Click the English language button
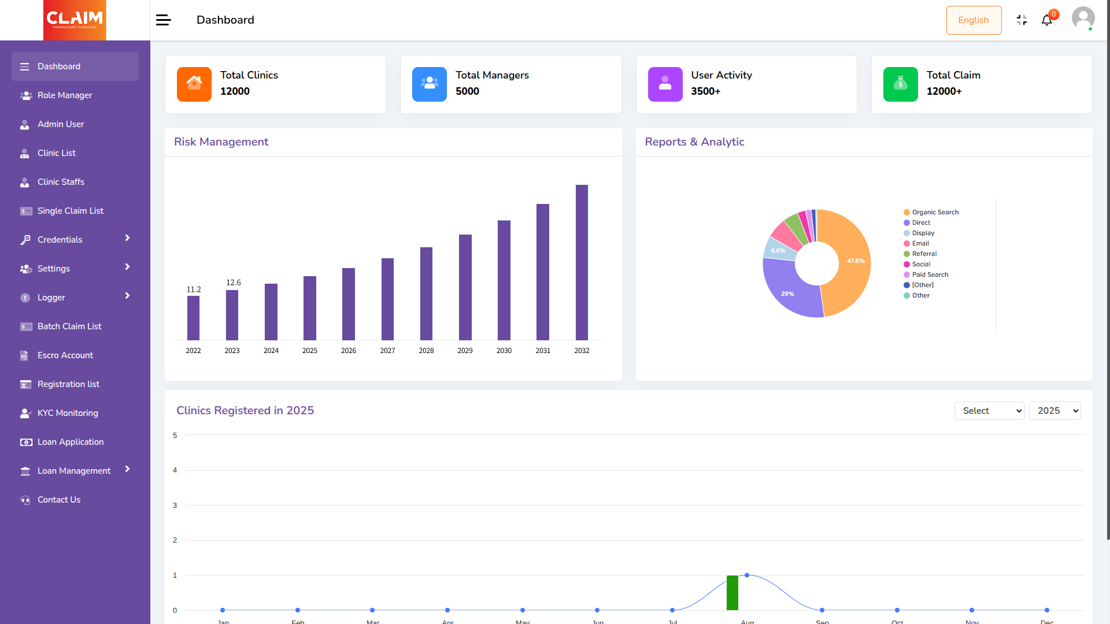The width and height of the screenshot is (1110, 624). click(x=974, y=20)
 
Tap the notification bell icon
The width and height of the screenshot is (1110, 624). click(x=1046, y=21)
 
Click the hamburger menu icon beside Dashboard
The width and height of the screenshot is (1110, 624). click(x=164, y=20)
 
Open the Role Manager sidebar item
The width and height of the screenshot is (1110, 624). click(x=64, y=95)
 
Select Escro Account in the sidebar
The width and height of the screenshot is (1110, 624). click(x=65, y=355)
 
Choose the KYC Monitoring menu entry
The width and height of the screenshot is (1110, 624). click(x=68, y=413)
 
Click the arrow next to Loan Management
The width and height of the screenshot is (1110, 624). click(x=127, y=469)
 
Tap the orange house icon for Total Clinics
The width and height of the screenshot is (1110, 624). click(x=194, y=84)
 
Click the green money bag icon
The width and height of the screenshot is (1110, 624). click(x=900, y=84)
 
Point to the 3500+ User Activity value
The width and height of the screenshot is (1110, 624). click(x=705, y=91)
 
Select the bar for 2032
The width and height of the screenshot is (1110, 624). click(x=582, y=262)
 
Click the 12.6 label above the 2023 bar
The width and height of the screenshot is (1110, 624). click(x=234, y=283)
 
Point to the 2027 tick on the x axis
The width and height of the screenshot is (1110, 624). click(x=387, y=351)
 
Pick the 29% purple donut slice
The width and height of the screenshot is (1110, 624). click(x=789, y=292)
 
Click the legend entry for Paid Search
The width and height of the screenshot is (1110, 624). click(x=930, y=274)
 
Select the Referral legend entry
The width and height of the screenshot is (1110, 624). click(x=924, y=254)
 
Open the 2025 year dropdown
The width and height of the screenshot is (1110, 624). click(x=1055, y=411)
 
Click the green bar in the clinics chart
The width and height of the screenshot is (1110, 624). click(x=732, y=593)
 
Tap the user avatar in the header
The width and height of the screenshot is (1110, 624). click(x=1083, y=18)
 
